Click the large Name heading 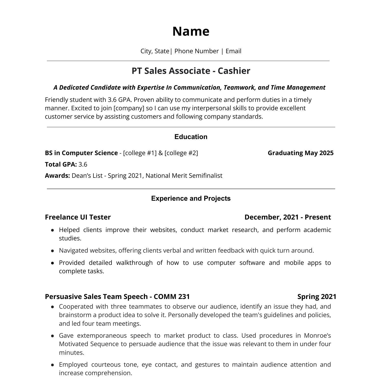click(x=191, y=31)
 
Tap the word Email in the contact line click(x=233, y=51)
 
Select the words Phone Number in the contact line click(x=196, y=51)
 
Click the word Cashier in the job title click(x=234, y=71)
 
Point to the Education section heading click(x=191, y=137)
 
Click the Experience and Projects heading click(x=191, y=198)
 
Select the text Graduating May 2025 click(x=301, y=153)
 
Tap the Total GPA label click(x=61, y=165)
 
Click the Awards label click(x=57, y=176)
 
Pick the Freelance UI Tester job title click(x=78, y=217)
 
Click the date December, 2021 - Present click(x=288, y=217)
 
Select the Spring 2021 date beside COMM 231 click(x=317, y=297)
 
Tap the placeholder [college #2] click(x=181, y=153)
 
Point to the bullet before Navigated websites click(x=52, y=251)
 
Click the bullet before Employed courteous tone click(x=52, y=365)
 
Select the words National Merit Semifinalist click(x=184, y=176)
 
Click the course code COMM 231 click(x=172, y=297)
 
